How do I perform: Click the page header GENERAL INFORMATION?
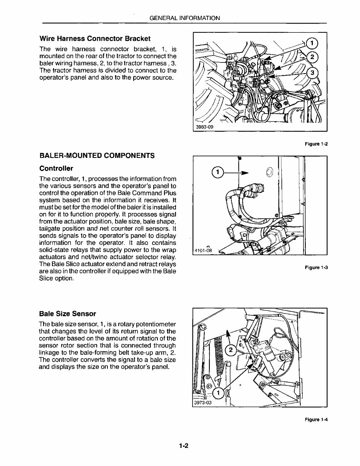(x=184, y=18)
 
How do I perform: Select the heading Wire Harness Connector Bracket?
(x=95, y=39)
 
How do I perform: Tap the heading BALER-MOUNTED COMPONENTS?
(x=97, y=156)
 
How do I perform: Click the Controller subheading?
(x=56, y=168)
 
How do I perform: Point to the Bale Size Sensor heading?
(x=68, y=313)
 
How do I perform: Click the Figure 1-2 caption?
(x=316, y=144)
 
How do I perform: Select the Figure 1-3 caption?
(x=316, y=267)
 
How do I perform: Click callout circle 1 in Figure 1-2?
(x=313, y=43)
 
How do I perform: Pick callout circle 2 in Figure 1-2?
(x=313, y=57)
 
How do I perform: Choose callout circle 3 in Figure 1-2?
(x=313, y=73)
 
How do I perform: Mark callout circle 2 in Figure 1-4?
(x=231, y=350)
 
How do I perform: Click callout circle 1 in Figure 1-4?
(x=218, y=393)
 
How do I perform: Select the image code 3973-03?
(x=203, y=403)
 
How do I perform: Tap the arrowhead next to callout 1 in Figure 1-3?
(x=244, y=173)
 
